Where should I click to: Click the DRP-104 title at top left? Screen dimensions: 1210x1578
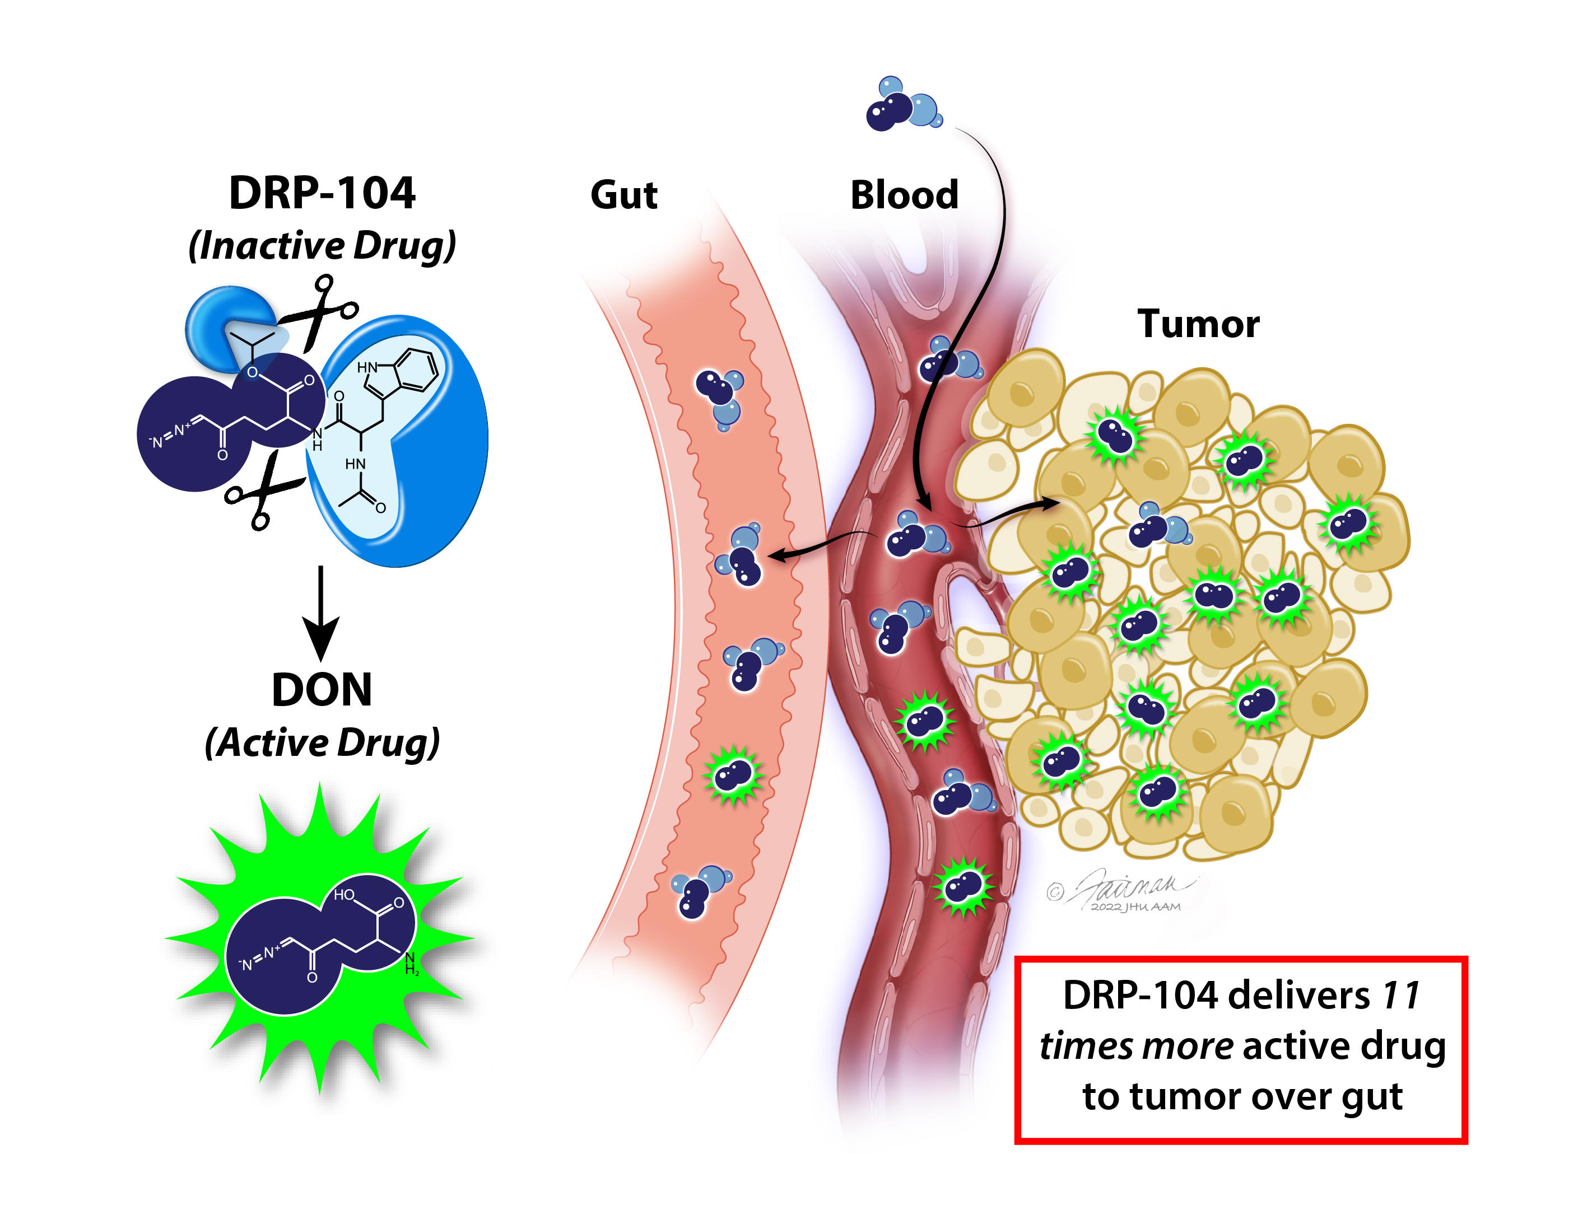coord(322,193)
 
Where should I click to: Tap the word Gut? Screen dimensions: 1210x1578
coord(623,195)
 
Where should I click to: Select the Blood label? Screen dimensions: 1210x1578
coord(904,195)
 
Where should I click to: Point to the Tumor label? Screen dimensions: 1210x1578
coord(1198,324)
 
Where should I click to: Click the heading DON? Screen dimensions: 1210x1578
coord(322,690)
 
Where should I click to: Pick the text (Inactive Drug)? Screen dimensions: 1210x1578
coord(322,246)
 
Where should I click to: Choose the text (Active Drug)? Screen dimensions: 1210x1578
coord(322,742)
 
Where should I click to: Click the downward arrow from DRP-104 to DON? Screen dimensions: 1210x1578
coord(320,612)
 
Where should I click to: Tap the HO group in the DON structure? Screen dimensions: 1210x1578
coord(344,895)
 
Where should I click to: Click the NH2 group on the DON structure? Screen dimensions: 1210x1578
coord(411,964)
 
